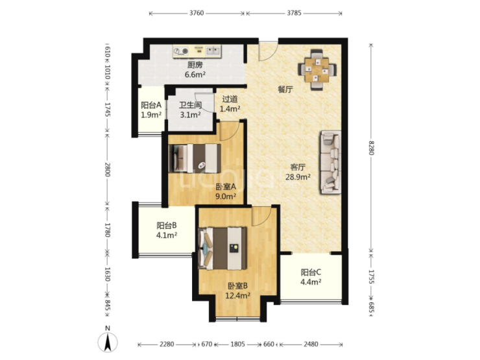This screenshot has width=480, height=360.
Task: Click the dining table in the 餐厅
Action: (x=317, y=70)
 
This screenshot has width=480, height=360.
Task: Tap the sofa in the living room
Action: (x=331, y=162)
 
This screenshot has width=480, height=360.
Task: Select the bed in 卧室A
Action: (x=195, y=158)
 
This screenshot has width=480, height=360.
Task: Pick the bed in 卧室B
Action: (x=222, y=248)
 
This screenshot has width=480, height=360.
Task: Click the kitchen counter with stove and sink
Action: (x=197, y=51)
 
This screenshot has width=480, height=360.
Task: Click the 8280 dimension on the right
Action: (x=371, y=148)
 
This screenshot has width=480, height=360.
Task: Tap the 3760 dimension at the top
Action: (x=197, y=13)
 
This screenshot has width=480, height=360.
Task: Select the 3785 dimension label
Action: (x=294, y=13)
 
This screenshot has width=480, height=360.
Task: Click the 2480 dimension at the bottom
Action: (x=311, y=344)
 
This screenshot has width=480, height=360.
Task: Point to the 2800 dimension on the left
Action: (x=107, y=169)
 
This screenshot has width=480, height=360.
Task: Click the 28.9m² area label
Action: (x=298, y=176)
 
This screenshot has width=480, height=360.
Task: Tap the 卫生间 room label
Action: (x=191, y=105)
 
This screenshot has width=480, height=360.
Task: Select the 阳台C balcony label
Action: (x=311, y=272)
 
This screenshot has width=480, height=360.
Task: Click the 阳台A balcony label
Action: (x=151, y=105)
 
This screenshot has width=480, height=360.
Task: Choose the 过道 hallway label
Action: (x=230, y=99)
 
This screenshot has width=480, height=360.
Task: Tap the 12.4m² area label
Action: (x=238, y=296)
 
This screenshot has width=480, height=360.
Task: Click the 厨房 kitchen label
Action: (x=195, y=65)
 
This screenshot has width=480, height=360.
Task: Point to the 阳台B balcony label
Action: (x=167, y=226)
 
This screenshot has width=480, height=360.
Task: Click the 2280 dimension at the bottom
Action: (x=167, y=344)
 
